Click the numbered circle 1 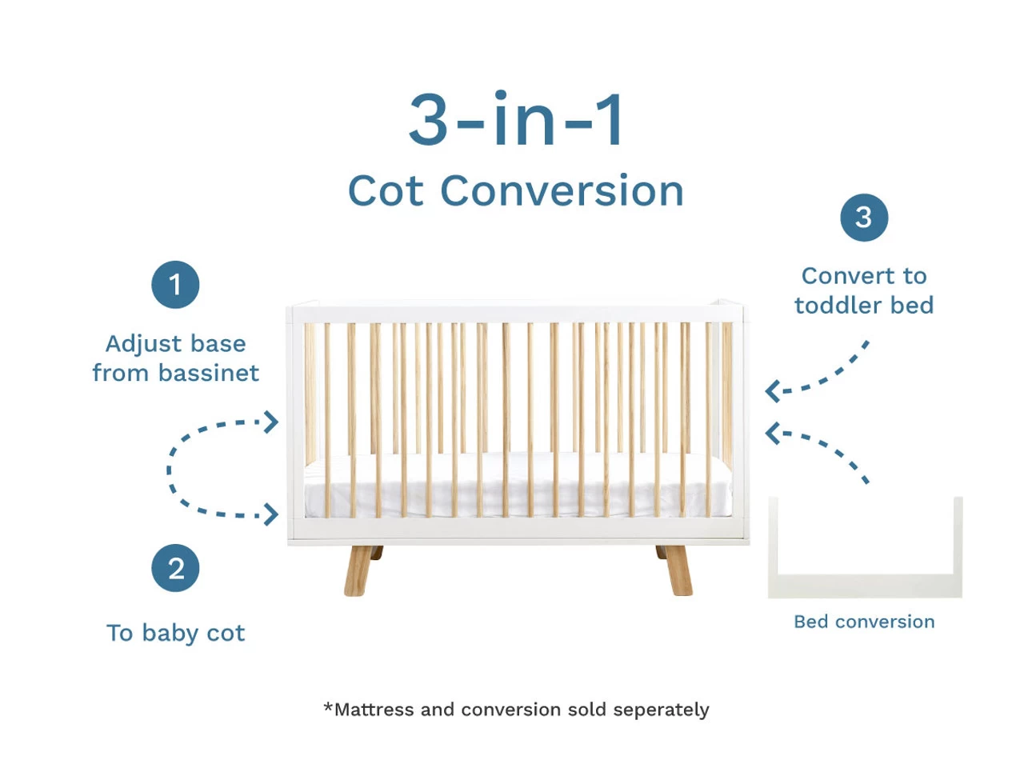coord(175,284)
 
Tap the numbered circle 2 coord(175,567)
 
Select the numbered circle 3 coord(863,218)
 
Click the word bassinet coord(208,373)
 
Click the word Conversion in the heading coord(562,190)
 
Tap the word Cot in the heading coord(386,190)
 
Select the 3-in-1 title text coord(515,118)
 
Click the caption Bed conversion coord(864,622)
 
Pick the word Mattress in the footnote coord(374,710)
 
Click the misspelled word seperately coord(661,710)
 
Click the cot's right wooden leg coord(676,570)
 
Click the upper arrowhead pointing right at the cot coord(271,422)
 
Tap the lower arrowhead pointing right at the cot coord(271,514)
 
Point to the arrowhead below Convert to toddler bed coord(773,391)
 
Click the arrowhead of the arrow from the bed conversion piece coord(773,433)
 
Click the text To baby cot coord(175,633)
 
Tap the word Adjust coord(144,344)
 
